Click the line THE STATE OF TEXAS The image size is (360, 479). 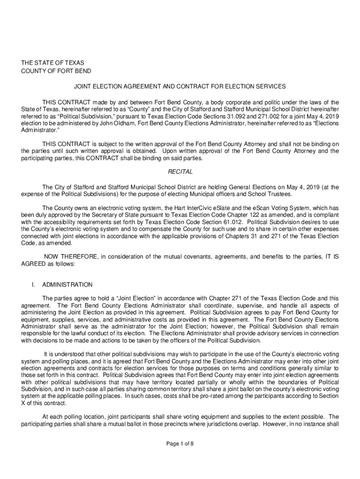tap(51, 63)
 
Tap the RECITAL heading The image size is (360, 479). tap(180, 172)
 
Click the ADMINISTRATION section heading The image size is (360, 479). tap(67, 284)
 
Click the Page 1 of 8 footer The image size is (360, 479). tap(180, 444)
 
